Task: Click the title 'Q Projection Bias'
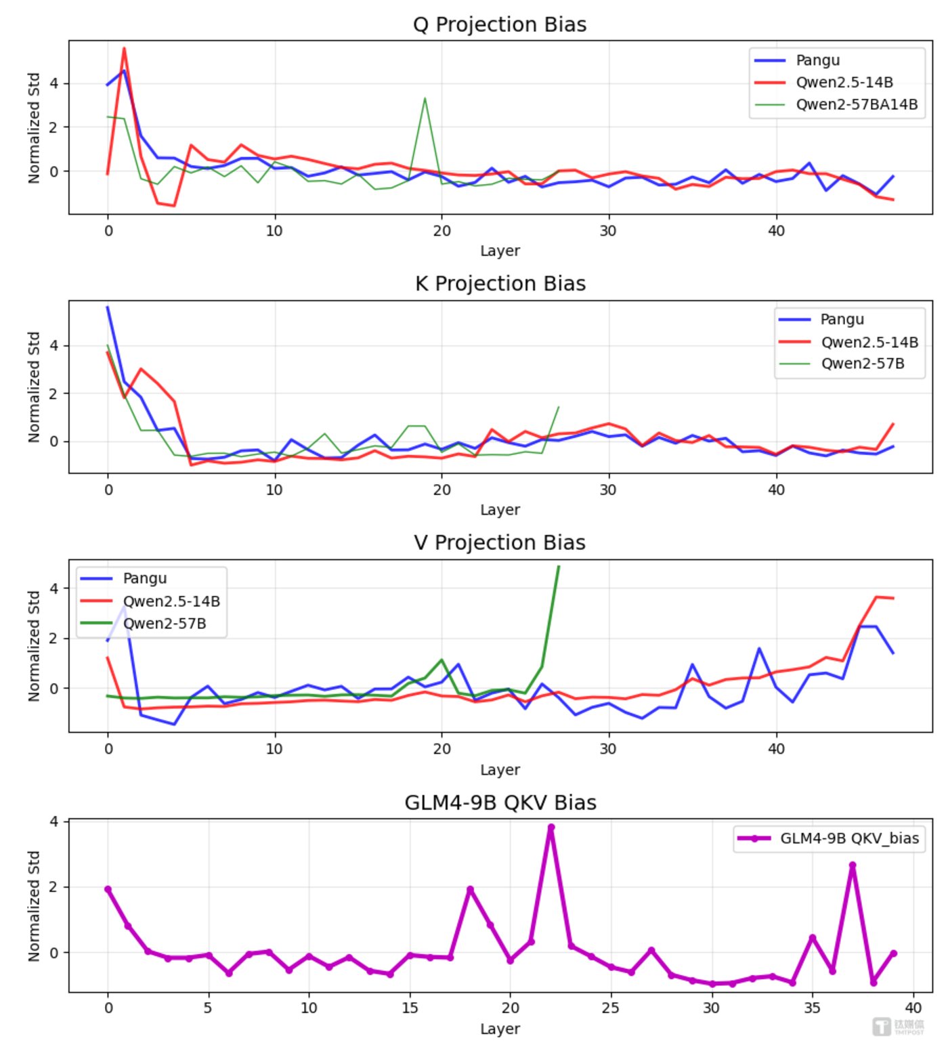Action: tap(500, 24)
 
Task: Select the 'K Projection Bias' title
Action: tap(500, 284)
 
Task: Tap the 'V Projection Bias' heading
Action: tap(500, 543)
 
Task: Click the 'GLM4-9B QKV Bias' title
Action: tap(500, 802)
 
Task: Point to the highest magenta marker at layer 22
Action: tap(551, 828)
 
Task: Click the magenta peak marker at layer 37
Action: tap(853, 865)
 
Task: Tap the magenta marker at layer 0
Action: tap(108, 889)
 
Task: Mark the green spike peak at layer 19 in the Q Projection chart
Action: tap(425, 98)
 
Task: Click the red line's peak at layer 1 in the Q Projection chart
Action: tap(124, 48)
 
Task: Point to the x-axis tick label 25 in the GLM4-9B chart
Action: tap(611, 1008)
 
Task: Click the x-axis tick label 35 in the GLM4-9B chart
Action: tap(812, 1008)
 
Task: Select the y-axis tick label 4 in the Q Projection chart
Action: tap(54, 83)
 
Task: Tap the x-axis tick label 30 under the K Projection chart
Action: tap(608, 490)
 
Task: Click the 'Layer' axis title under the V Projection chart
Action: tap(500, 770)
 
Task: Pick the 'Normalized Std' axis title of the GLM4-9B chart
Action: tap(34, 906)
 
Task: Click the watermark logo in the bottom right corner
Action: tap(882, 1027)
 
